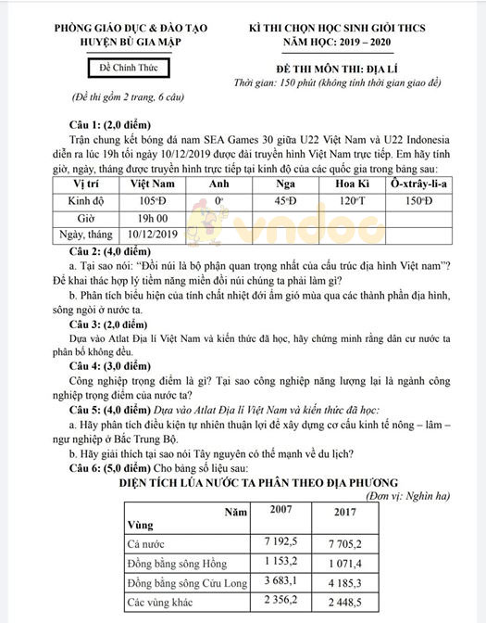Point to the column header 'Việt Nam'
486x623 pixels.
coord(155,184)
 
